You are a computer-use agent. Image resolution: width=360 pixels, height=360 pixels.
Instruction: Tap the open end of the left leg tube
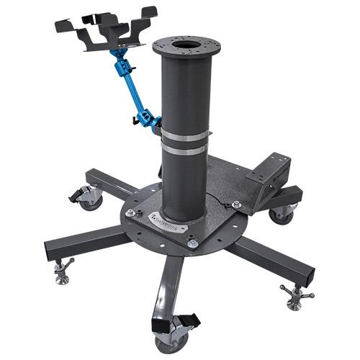[x=51, y=252]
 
